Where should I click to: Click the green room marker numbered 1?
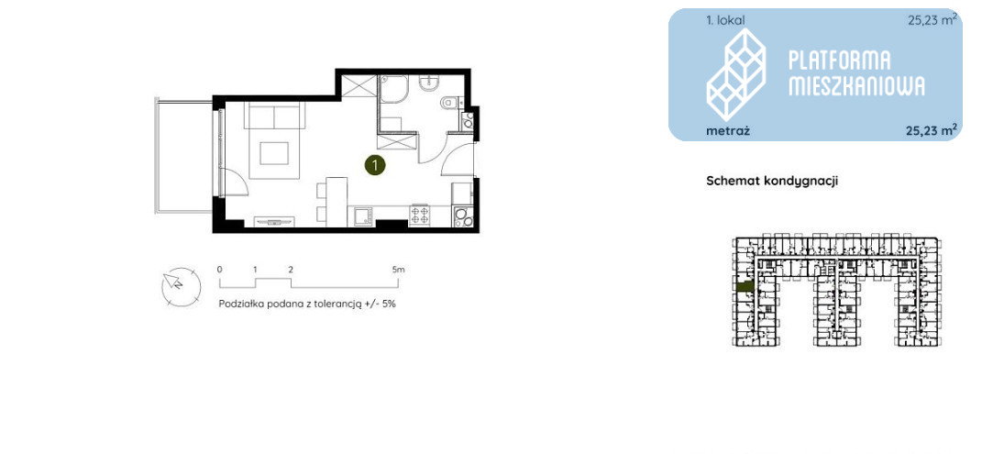(374, 165)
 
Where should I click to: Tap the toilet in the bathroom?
(449, 102)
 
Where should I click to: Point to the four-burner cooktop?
(419, 216)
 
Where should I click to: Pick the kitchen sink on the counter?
(362, 216)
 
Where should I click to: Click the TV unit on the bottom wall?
(273, 221)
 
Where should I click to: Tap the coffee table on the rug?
(273, 153)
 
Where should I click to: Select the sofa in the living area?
(274, 115)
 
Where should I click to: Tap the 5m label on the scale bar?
(398, 270)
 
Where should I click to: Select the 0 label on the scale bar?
(220, 270)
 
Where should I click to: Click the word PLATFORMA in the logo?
(839, 61)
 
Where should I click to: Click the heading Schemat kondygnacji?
(772, 181)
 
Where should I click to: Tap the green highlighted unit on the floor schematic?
(745, 287)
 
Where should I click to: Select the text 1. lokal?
(726, 21)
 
